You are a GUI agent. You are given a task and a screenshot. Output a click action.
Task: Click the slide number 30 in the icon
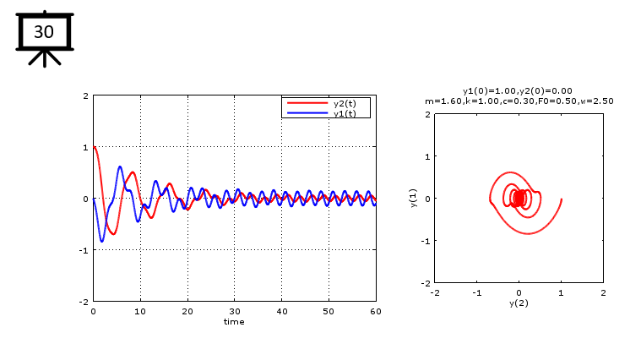click(x=43, y=32)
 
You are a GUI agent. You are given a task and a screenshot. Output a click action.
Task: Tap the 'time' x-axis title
click(x=234, y=321)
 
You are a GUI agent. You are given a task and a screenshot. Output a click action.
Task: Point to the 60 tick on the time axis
click(x=376, y=311)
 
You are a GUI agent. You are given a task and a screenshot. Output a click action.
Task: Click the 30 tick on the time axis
click(x=235, y=311)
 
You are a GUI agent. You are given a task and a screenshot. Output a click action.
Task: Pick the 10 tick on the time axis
click(x=140, y=311)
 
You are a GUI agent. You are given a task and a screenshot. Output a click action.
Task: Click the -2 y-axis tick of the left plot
click(x=85, y=302)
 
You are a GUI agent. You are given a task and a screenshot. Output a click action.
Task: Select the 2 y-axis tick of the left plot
click(x=86, y=96)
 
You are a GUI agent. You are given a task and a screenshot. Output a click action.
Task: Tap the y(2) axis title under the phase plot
click(x=519, y=303)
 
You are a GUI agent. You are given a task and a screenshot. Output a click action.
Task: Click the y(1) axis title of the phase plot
click(x=415, y=199)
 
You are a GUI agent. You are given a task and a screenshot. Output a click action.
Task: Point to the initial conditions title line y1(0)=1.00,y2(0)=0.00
click(x=518, y=90)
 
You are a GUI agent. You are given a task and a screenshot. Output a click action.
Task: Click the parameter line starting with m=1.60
click(x=519, y=101)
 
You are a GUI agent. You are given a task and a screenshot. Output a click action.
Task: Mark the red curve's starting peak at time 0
click(x=95, y=147)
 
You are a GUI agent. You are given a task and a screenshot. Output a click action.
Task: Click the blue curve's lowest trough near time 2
click(x=102, y=242)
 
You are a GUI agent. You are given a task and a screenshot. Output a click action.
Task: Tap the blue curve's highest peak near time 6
click(x=120, y=166)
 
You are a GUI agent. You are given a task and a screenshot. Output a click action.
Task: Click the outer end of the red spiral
click(x=561, y=199)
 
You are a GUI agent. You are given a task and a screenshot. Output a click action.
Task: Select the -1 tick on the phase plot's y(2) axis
click(x=477, y=292)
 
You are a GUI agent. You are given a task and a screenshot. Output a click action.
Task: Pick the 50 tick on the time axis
click(x=329, y=311)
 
